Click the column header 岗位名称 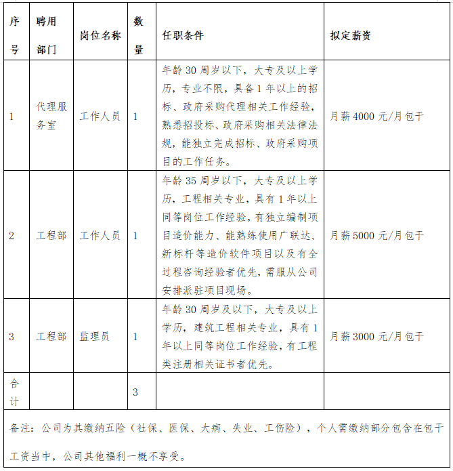(100, 35)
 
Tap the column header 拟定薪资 (351, 35)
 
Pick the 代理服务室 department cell (51, 116)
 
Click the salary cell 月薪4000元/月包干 (376, 116)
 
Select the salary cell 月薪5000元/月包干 (376, 235)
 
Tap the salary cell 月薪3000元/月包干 (376, 336)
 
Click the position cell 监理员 (95, 336)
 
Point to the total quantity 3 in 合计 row (135, 392)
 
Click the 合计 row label (15, 392)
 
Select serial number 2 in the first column (12, 235)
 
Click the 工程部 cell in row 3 (51, 336)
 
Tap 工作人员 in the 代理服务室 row (100, 116)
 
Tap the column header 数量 (139, 35)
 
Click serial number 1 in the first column (12, 116)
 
